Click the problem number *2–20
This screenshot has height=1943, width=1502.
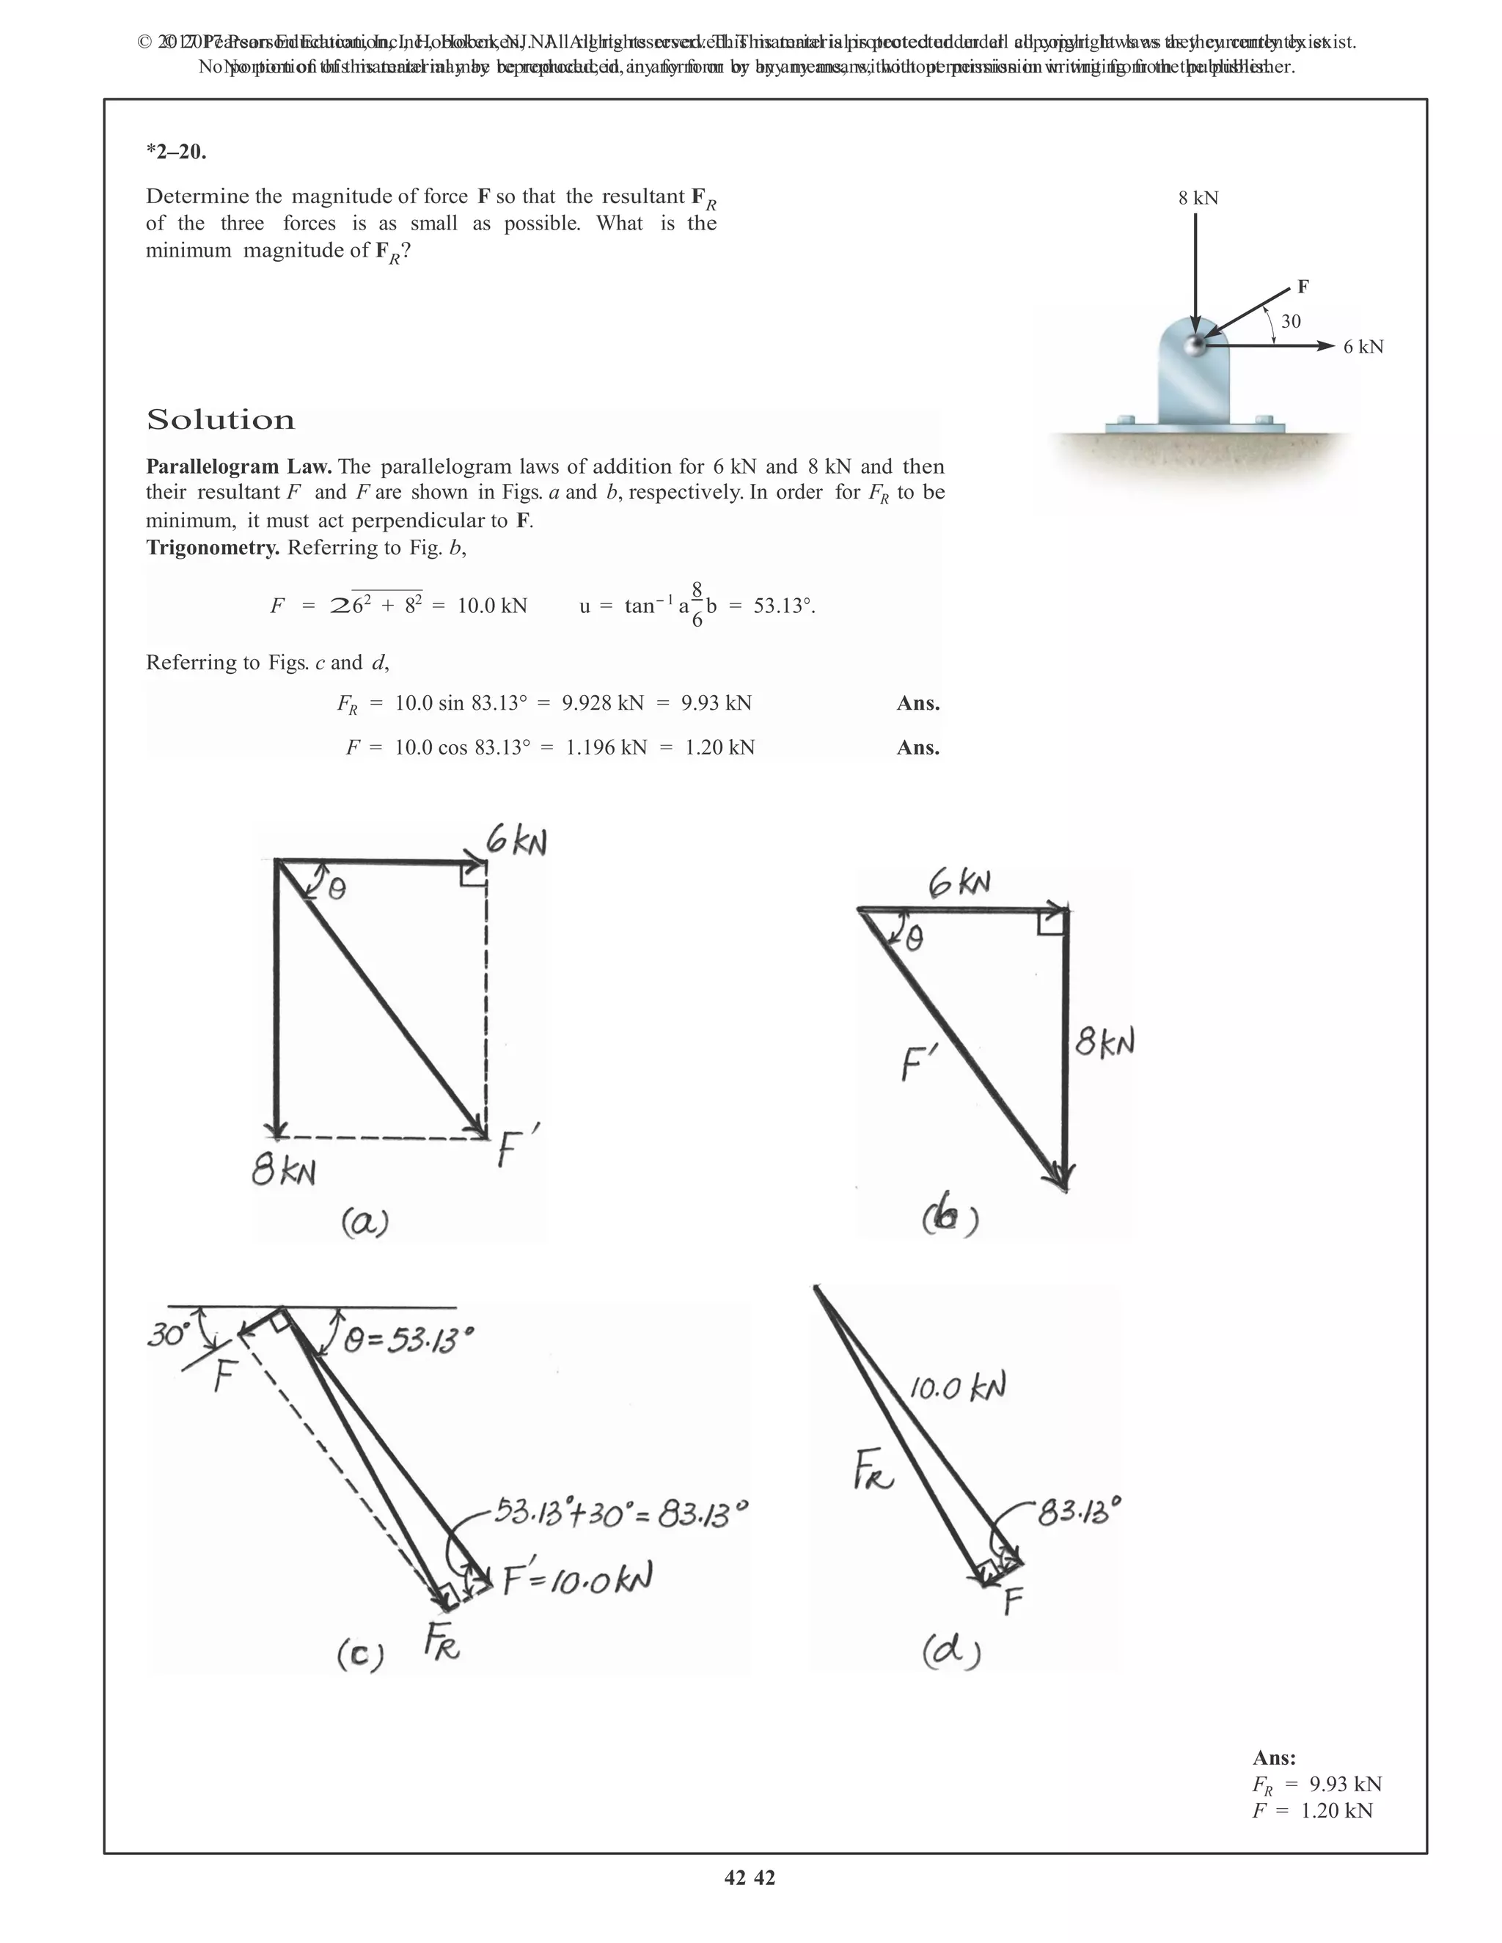(x=176, y=151)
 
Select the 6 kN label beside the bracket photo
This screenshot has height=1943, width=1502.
(x=1363, y=347)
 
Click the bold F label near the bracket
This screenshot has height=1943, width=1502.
(x=1303, y=287)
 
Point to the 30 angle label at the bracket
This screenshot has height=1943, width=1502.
(x=1290, y=321)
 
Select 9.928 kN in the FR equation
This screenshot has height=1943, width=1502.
(x=602, y=704)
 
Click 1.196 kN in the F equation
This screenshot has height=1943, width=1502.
(x=606, y=747)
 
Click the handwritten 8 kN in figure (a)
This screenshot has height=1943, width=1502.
(x=284, y=1172)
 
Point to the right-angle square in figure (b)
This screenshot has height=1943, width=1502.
(x=1051, y=922)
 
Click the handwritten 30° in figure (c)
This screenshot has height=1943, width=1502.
(x=169, y=1335)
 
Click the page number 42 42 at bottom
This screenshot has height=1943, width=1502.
(x=750, y=1877)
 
